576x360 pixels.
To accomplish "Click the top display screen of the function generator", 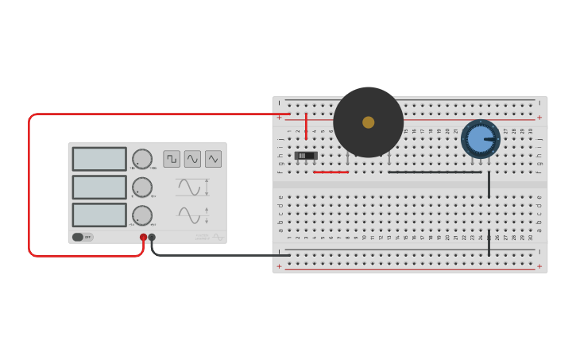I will [x=99, y=159].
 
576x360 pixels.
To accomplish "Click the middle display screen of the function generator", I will [x=99, y=187].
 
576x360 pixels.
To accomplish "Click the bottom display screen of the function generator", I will [x=99, y=215].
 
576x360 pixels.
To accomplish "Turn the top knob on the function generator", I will [x=142, y=159].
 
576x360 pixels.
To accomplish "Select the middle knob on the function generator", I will [x=142, y=188].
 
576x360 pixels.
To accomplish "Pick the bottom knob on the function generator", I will [x=142, y=215].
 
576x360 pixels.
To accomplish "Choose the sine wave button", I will [x=192, y=159].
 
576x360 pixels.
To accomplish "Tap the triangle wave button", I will [x=213, y=159].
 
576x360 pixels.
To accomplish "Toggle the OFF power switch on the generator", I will [x=82, y=237].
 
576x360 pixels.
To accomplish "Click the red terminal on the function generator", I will [x=144, y=237].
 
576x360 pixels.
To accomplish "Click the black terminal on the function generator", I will [x=152, y=237].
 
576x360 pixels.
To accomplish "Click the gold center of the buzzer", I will [x=368, y=122].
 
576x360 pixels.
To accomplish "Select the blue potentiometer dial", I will [x=480, y=139].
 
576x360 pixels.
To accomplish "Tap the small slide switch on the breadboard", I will [x=306, y=156].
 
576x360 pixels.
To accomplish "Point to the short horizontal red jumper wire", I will [x=331, y=172].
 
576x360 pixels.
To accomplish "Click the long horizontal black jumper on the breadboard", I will [x=435, y=172].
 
